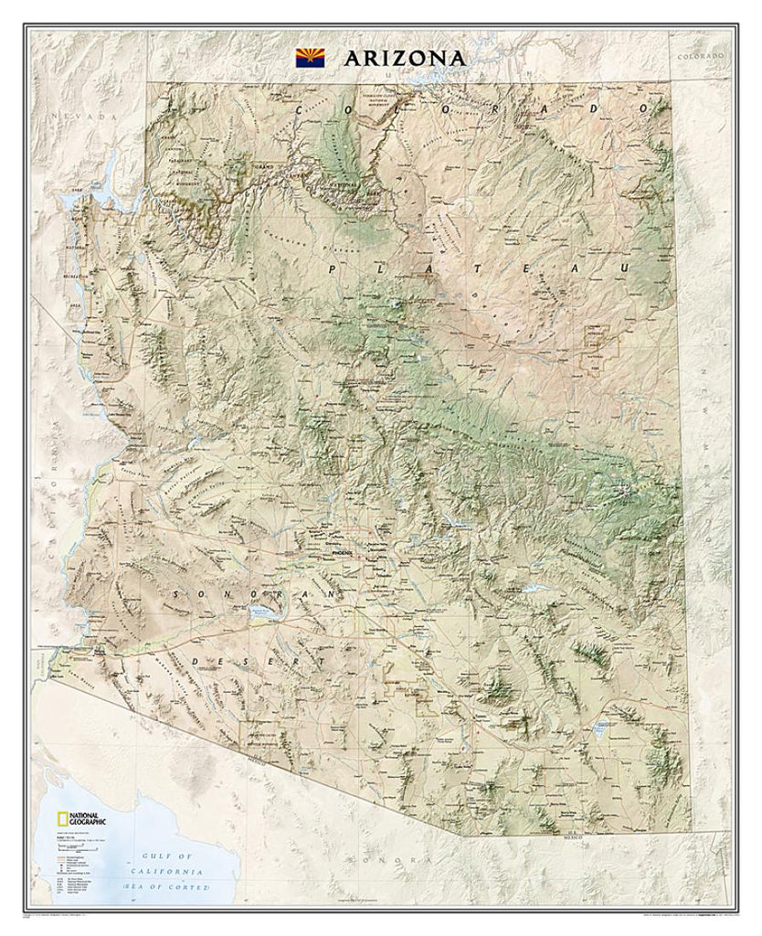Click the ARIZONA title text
405,58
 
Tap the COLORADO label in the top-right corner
700,56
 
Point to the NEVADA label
87,117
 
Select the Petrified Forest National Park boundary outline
602,346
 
